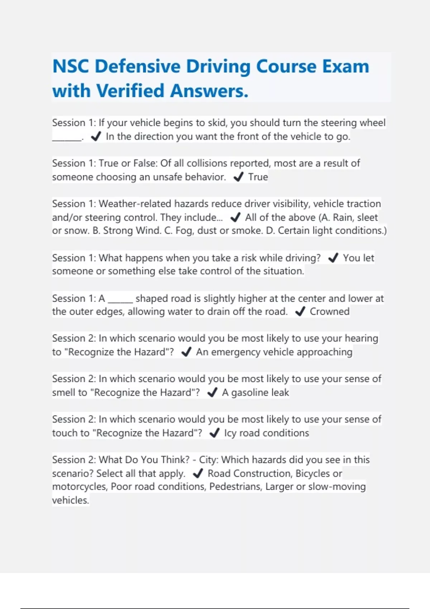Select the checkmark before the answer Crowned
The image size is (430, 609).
300,312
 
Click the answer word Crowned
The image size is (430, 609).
329,312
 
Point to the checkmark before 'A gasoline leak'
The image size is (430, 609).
212,393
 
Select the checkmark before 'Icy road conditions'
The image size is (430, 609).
214,433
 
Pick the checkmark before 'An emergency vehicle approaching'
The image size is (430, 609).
186,352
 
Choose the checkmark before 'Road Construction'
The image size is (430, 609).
198,474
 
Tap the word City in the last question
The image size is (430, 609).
208,460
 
